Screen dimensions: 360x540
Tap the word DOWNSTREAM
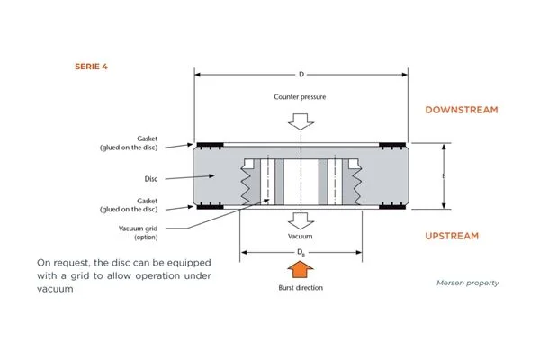(461, 110)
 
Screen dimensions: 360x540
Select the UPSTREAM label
(452, 236)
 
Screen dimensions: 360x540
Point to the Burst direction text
(300, 288)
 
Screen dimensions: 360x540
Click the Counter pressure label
(300, 95)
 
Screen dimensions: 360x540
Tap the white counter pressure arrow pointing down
(300, 122)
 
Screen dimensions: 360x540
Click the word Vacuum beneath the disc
(300, 236)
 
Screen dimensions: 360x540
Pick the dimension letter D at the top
(301, 73)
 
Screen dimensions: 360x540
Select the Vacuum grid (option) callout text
(137, 231)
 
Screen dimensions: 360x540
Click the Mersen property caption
(469, 283)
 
